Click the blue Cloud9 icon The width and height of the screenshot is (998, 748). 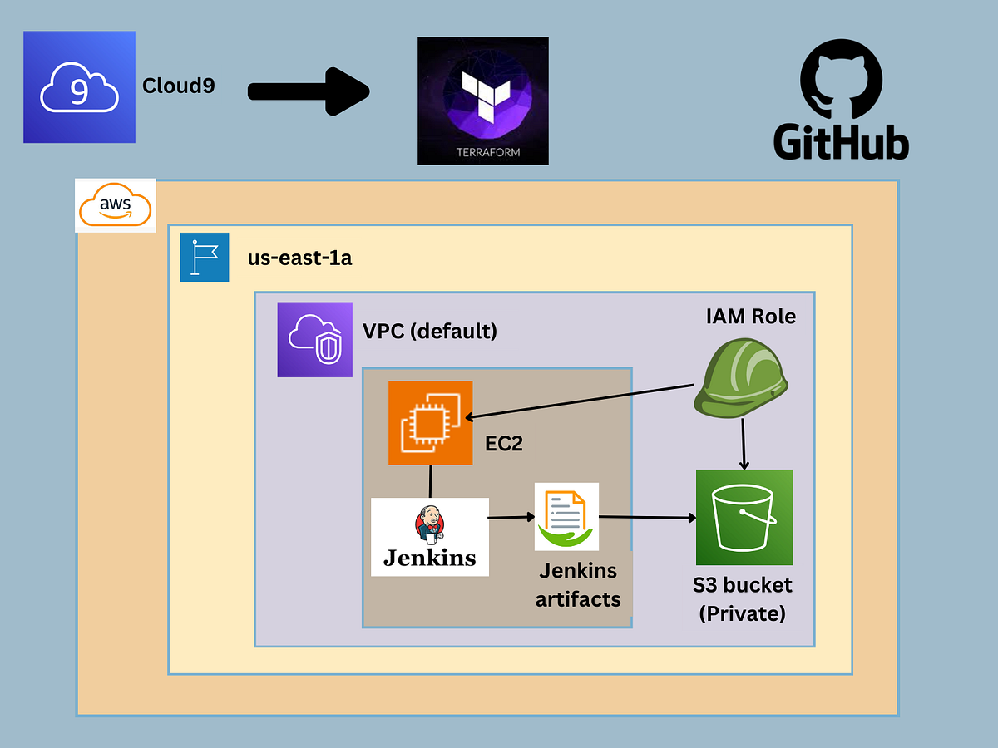[79, 86]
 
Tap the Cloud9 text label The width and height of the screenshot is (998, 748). [179, 86]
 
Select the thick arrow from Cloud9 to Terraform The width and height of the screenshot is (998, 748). [308, 91]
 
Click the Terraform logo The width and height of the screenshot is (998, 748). [482, 100]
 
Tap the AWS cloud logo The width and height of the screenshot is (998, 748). [115, 204]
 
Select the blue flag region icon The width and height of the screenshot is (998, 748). [204, 257]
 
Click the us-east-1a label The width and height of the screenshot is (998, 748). [299, 258]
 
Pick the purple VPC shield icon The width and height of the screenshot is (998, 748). [315, 339]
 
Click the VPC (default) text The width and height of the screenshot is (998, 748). [430, 331]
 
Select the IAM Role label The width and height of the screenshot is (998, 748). [750, 317]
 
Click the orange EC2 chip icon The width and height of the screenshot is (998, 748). [430, 422]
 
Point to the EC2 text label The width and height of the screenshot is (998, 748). [504, 443]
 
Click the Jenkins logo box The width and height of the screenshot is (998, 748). [429, 536]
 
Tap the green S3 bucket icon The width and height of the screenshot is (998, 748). [744, 517]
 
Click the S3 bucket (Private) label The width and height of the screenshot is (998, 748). [743, 598]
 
